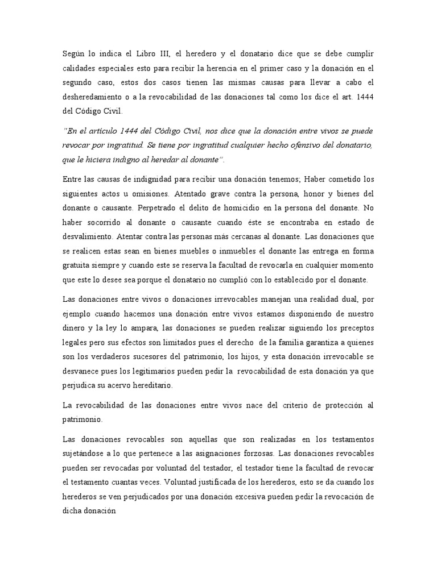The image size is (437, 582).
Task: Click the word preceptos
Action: coord(351,328)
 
